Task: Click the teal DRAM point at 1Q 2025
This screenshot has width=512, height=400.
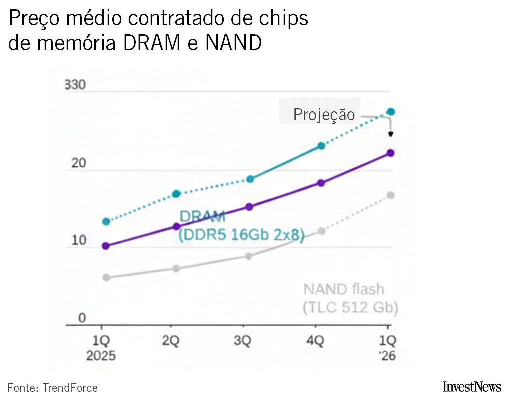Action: (105, 221)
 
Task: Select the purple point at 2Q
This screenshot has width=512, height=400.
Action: (176, 226)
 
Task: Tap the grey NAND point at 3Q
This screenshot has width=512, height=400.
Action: (249, 256)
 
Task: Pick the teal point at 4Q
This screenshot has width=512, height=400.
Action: (321, 146)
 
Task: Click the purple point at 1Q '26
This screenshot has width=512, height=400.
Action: (391, 153)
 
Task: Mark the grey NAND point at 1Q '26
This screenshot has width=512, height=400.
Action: (391, 195)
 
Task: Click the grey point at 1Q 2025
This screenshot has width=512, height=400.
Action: (106, 277)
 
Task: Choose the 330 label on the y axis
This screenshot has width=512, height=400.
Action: (75, 85)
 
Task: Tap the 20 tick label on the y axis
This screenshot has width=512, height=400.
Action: (79, 163)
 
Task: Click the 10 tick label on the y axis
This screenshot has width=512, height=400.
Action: (79, 241)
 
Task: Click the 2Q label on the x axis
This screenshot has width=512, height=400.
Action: (171, 341)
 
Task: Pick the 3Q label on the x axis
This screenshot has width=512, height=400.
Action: (243, 341)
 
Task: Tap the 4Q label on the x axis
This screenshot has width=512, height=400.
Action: (315, 341)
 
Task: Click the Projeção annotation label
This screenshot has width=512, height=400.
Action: (324, 115)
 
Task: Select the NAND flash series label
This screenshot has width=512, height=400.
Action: (344, 289)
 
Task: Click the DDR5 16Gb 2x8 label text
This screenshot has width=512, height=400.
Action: (241, 235)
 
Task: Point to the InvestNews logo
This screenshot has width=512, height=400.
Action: (471, 387)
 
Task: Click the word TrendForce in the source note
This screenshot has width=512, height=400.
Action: (70, 388)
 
